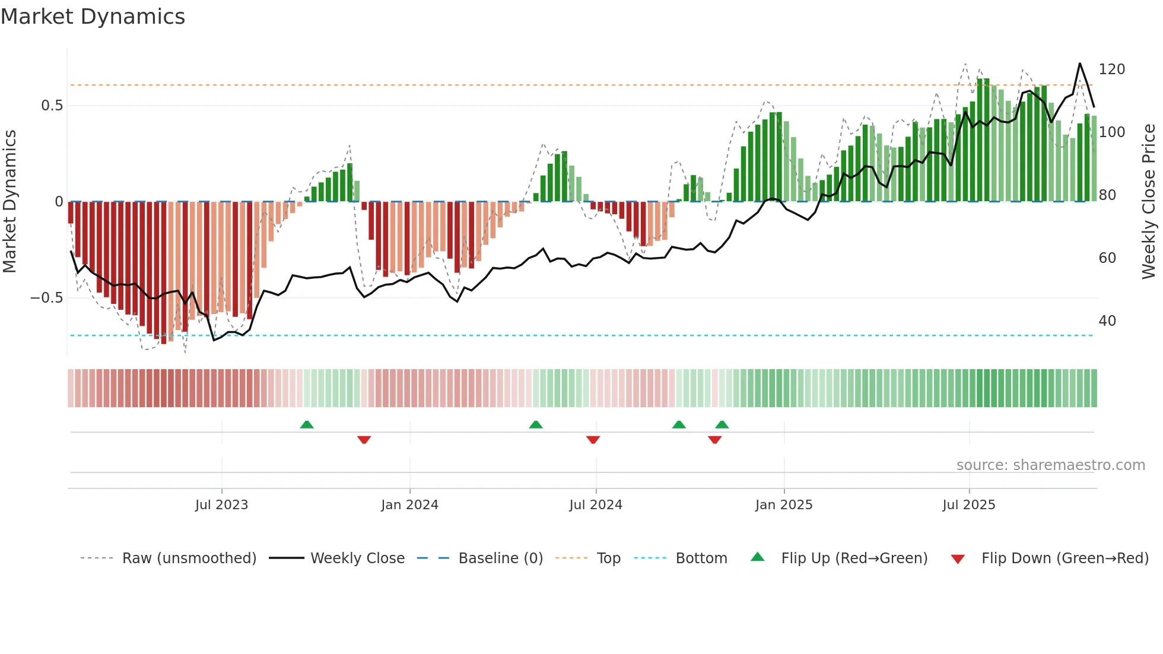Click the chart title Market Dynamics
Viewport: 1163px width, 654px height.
pos(93,17)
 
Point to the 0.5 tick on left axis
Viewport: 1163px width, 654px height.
pos(52,106)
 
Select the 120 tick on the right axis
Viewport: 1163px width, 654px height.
pos(1111,69)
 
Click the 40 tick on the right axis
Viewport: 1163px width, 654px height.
pos(1107,321)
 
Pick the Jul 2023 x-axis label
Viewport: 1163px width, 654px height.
pos(221,505)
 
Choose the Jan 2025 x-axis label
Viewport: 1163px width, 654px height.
pos(783,505)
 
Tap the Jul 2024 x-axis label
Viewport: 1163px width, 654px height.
pos(595,505)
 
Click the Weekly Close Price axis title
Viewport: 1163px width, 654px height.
pos(1149,202)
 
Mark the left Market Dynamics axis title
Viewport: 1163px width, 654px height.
pos(9,202)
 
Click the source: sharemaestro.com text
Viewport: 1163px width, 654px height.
pos(1050,465)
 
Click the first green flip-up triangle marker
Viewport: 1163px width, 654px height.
pos(307,424)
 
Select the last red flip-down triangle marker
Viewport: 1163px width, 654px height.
pos(714,440)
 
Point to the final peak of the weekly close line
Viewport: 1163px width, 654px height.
pos(1079,64)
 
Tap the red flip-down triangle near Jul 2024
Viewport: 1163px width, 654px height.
pos(593,440)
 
